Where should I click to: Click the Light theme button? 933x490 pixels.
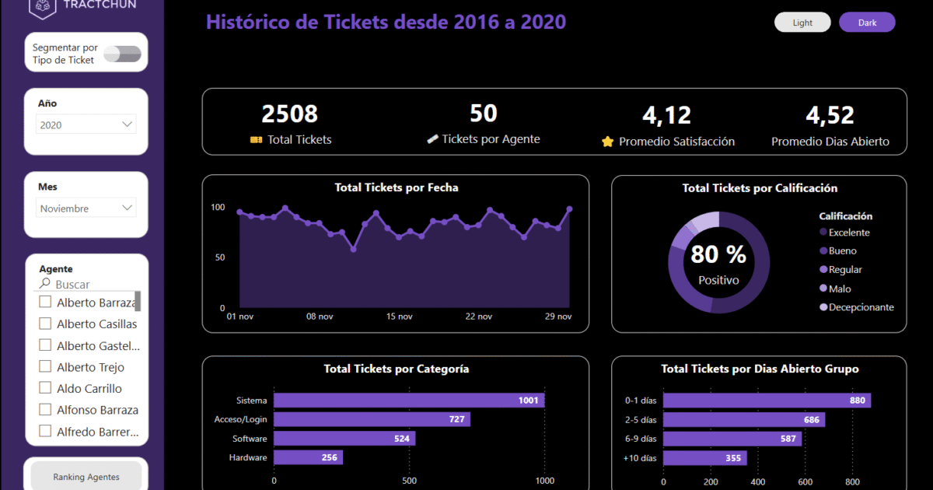pyautogui.click(x=802, y=23)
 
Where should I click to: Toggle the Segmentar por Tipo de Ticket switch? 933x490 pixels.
pyautogui.click(x=123, y=54)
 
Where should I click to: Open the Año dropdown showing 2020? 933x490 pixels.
pyautogui.click(x=86, y=124)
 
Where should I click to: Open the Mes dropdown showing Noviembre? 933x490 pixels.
pyautogui.click(x=86, y=208)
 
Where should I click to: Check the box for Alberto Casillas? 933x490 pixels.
pyautogui.click(x=45, y=324)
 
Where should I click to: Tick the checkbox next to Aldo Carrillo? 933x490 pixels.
pyautogui.click(x=45, y=388)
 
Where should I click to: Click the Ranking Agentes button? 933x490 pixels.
pyautogui.click(x=86, y=476)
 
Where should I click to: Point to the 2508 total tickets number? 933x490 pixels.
pyautogui.click(x=289, y=114)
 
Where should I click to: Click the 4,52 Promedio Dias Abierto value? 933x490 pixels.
pyautogui.click(x=830, y=116)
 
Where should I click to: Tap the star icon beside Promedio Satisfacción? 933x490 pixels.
pyautogui.click(x=608, y=142)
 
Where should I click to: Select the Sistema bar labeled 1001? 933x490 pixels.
pyautogui.click(x=409, y=401)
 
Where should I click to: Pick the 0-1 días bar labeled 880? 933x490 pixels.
pyautogui.click(x=767, y=401)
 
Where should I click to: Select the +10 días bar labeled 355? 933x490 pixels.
pyautogui.click(x=704, y=458)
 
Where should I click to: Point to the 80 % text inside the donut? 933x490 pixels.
pyautogui.click(x=718, y=254)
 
